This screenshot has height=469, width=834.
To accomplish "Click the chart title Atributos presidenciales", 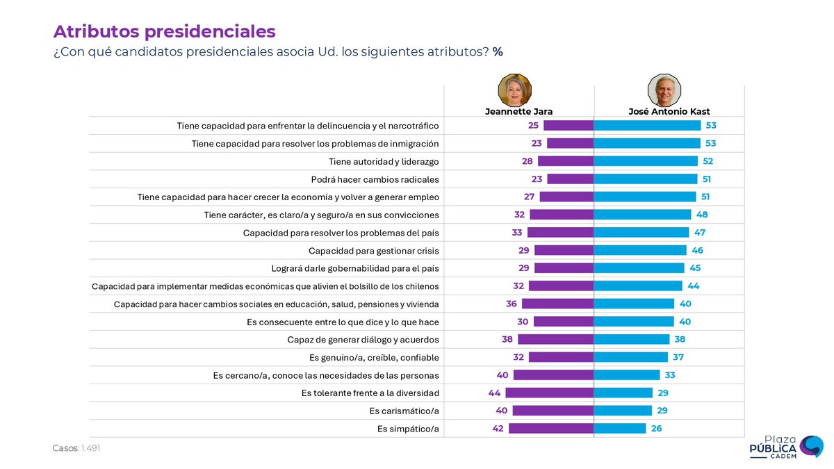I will coord(164,31).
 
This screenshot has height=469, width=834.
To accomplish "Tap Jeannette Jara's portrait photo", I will coord(515,90).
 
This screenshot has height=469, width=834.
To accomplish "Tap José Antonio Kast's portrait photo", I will coord(664,90).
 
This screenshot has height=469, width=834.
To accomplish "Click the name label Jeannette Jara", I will coord(518,111).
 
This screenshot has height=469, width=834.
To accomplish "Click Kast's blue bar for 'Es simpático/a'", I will coord(620,428).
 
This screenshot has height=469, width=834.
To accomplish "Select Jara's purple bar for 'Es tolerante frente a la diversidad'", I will coord(549,393).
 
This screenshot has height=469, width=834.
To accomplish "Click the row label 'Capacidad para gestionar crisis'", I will coord(373,250).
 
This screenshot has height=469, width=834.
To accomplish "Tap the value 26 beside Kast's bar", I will coord(656,428).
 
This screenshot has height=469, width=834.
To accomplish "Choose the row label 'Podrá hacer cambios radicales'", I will coord(375,179).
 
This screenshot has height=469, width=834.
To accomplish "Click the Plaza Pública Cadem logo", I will coord(785,447).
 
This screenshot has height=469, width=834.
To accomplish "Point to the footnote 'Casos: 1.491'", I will coord(76,448).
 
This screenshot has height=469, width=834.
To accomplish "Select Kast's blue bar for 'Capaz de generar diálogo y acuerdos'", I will coord(632,339).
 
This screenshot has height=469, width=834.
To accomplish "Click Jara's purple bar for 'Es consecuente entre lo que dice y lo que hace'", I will coord(564,322).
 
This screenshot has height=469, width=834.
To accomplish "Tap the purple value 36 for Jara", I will coord(511,304).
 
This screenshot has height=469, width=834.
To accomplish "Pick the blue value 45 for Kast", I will coord(695,268).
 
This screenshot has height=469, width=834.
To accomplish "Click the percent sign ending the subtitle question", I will coord(498,52).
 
